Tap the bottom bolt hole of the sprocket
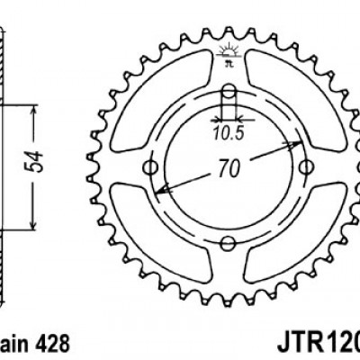229,240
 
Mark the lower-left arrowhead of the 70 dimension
161,191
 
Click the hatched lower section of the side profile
4,270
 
